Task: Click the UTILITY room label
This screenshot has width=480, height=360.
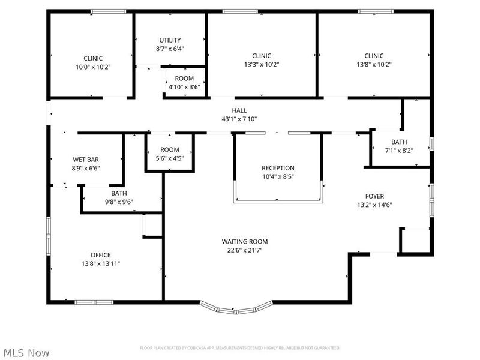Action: click(x=170, y=40)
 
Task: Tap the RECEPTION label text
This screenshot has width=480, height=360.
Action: click(x=278, y=168)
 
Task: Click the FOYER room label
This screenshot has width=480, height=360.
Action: click(x=375, y=196)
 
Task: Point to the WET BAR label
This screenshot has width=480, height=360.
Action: click(x=86, y=160)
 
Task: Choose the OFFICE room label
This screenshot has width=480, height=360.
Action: click(x=100, y=255)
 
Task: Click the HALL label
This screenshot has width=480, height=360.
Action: click(x=239, y=110)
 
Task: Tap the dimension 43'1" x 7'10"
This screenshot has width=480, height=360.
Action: click(x=239, y=119)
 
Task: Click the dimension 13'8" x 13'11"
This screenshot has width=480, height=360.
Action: click(x=100, y=263)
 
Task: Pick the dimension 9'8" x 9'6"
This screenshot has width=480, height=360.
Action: click(x=118, y=202)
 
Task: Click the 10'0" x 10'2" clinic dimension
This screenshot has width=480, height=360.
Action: click(x=93, y=67)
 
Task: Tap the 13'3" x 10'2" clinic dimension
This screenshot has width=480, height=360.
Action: click(x=261, y=64)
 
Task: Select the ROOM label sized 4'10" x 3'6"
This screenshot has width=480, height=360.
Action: click(x=184, y=79)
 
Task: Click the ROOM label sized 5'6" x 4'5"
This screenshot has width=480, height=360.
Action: click(x=170, y=149)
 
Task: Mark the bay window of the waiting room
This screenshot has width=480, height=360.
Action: click(x=235, y=307)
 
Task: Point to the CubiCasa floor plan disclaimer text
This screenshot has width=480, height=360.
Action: click(x=240, y=348)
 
